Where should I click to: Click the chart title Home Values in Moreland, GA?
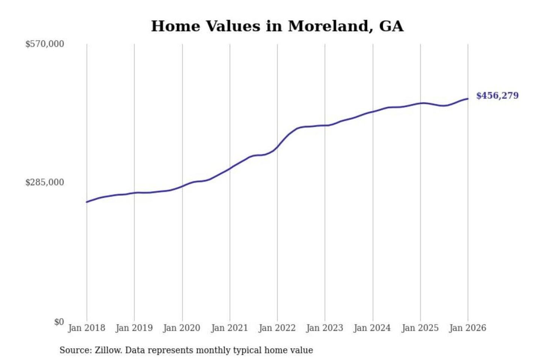(277, 26)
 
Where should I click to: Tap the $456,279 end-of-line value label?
(497, 96)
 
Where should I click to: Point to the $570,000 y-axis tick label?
(45, 44)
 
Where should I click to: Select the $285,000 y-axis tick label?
(45, 182)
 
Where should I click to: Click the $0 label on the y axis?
(59, 322)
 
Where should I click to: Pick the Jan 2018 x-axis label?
(86, 328)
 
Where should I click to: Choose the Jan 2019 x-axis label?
(134, 328)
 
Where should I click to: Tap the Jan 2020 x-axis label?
(182, 328)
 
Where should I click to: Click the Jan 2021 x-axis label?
(230, 328)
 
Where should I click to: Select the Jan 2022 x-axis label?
(277, 328)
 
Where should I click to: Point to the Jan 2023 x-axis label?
(325, 328)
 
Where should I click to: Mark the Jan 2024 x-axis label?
(372, 328)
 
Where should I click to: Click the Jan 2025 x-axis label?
(420, 328)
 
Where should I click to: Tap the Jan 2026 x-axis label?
(468, 328)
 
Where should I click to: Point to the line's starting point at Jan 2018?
(87, 202)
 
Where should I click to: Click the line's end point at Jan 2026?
(468, 99)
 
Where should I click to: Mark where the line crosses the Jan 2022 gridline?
(278, 147)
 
